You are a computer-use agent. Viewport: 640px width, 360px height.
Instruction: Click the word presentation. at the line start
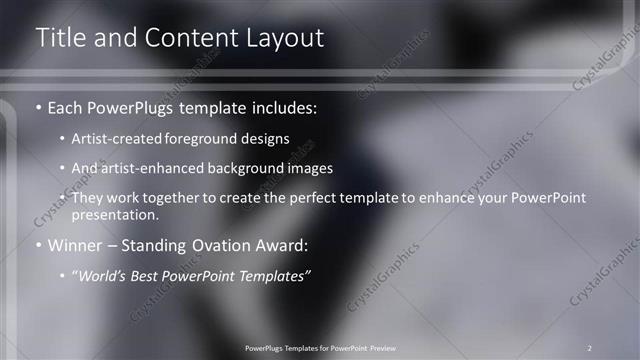[115, 214]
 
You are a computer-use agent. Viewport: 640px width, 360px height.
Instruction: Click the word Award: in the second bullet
[284, 244]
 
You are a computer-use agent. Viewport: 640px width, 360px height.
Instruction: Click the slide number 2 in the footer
[590, 347]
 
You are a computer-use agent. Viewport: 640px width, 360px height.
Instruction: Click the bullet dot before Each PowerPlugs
[39, 105]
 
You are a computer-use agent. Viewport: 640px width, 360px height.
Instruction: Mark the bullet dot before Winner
[39, 244]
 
